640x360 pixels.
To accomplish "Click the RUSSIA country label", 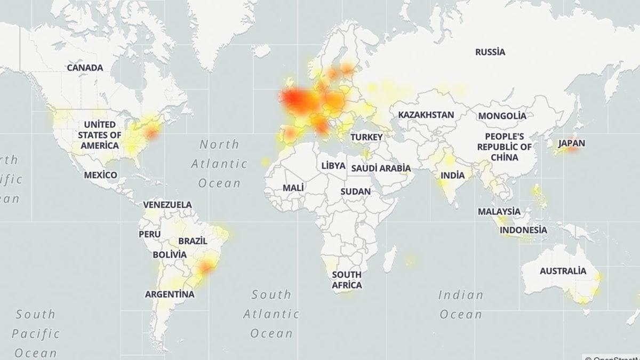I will [490, 52].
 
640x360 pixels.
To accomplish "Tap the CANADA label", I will [85, 68].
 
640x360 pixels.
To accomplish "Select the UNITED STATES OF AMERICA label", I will [99, 134].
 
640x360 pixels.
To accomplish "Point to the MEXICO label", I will [100, 175].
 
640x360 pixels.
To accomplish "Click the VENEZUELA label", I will [167, 204].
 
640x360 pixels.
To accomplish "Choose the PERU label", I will [149, 234].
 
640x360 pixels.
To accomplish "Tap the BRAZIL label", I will [189, 241].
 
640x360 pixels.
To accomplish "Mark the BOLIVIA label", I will [170, 254].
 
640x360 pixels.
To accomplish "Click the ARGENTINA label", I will [170, 294].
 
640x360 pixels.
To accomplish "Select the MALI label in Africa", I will [293, 188].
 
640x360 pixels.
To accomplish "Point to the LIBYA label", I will [333, 165].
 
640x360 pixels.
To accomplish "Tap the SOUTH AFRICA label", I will [347, 279].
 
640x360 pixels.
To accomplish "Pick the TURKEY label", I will [366, 138].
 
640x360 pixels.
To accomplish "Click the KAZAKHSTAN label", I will [426, 115].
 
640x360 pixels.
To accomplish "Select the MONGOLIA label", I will [502, 116].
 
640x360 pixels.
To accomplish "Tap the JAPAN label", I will [572, 143].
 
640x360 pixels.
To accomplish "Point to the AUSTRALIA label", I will [563, 271].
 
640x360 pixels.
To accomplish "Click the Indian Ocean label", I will [461, 304].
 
